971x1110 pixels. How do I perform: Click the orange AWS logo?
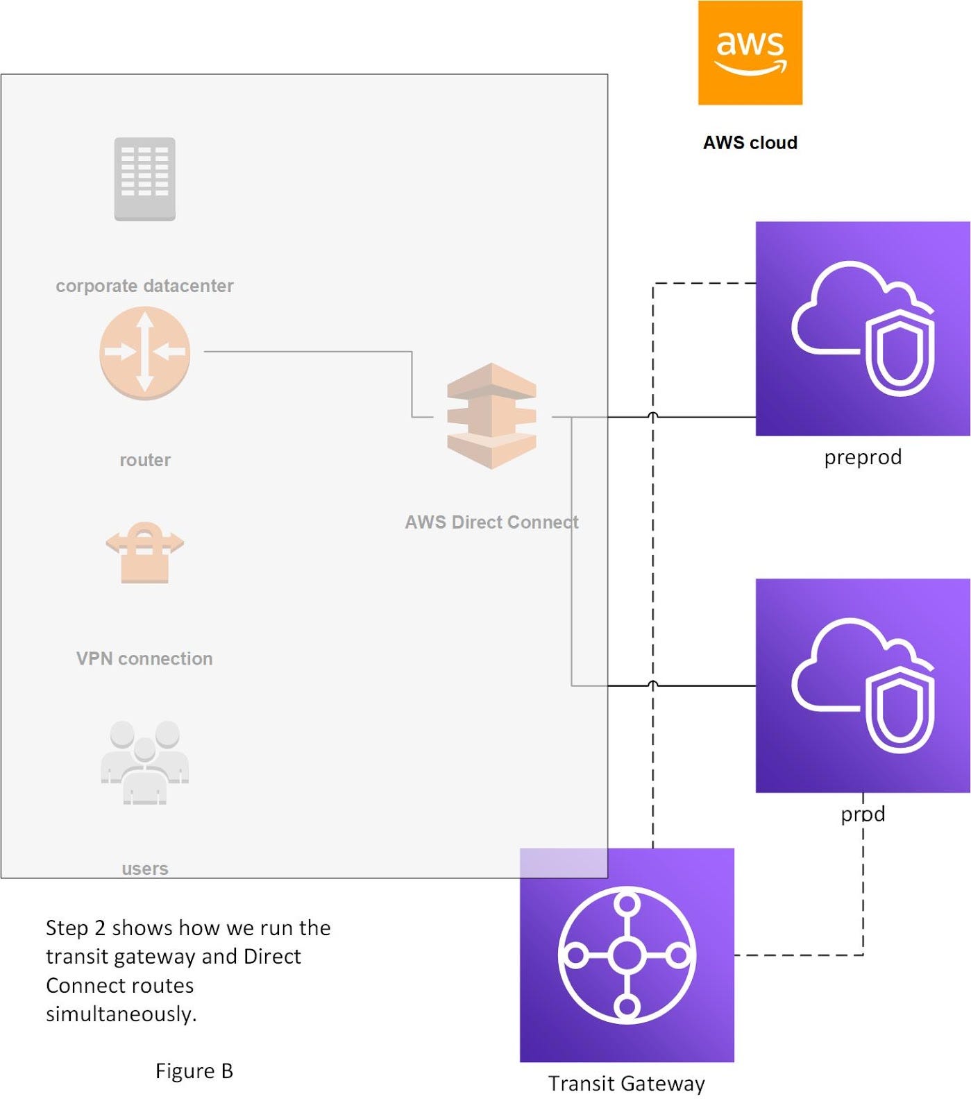tap(750, 53)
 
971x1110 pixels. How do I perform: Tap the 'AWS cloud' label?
tap(750, 143)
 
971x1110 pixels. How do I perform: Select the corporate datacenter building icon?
tap(144, 179)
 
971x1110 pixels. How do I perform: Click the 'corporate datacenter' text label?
tap(144, 286)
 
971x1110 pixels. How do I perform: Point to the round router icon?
tap(144, 352)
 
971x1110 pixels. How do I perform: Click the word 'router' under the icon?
tap(144, 460)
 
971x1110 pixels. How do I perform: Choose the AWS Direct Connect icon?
tap(491, 416)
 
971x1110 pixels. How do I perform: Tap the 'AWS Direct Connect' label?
tap(491, 522)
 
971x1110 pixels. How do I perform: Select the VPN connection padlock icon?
tap(144, 552)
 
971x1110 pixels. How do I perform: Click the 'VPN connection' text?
tap(144, 658)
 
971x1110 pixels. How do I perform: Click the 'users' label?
tap(144, 869)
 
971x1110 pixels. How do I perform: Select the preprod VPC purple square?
tap(862, 328)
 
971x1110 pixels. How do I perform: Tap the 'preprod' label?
tap(862, 457)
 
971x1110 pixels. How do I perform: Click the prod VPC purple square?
tap(862, 685)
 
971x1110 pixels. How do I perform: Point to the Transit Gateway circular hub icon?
tap(627, 955)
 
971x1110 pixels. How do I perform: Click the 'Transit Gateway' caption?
tap(626, 1084)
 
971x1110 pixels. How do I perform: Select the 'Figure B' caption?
tap(194, 1071)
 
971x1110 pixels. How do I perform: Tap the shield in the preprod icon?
tap(900, 354)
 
